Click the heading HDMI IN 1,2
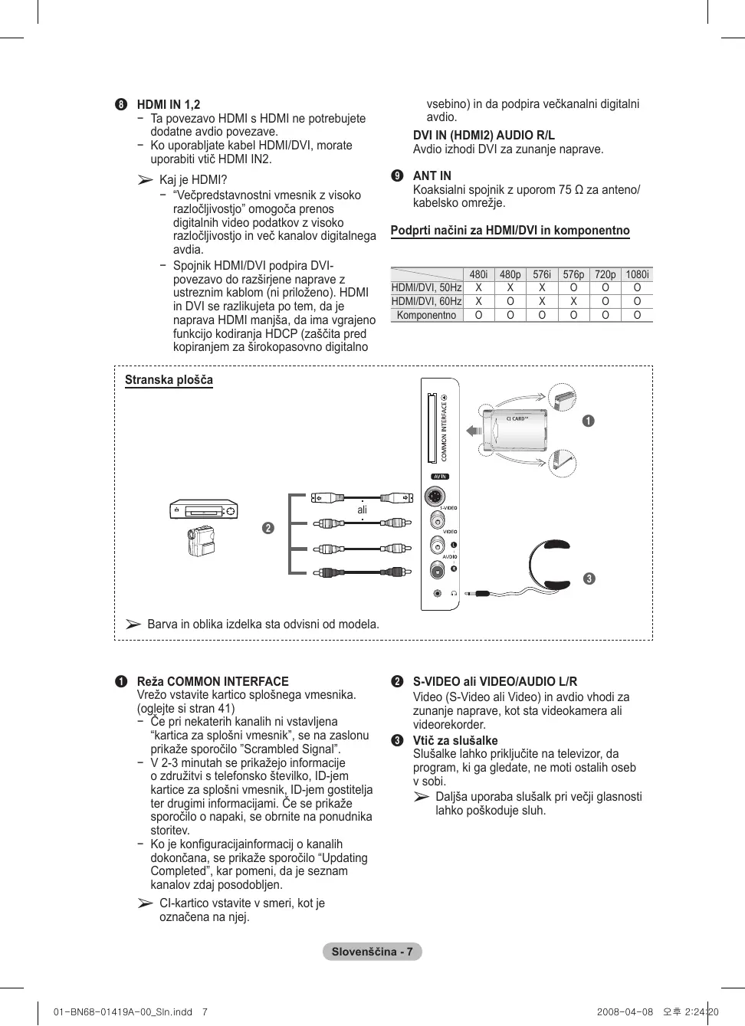[168, 105]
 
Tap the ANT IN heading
[432, 175]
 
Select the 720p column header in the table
[605, 274]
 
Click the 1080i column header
[637, 274]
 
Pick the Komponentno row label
[426, 315]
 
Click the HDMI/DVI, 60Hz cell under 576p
[573, 301]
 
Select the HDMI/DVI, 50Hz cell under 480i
[478, 288]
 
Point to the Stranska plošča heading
[169, 380]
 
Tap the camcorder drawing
[201, 541]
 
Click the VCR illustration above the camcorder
[204, 509]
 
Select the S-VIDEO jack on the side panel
[435, 497]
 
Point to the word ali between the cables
[362, 510]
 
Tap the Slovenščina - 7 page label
[372, 952]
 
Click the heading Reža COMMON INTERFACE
[212, 681]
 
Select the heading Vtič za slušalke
[455, 740]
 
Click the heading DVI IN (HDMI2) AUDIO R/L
[484, 136]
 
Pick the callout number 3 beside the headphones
[589, 579]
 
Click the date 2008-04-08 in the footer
[625, 1011]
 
